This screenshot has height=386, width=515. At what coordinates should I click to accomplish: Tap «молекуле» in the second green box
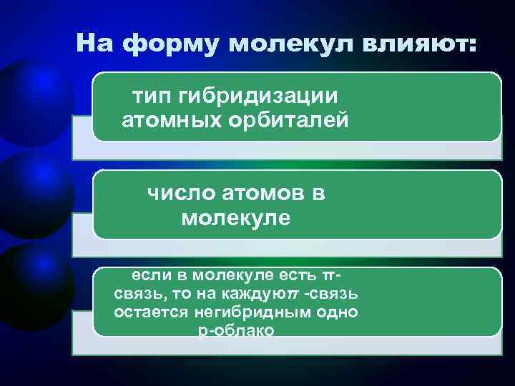click(x=236, y=217)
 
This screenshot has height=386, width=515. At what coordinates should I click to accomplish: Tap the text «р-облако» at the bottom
click(x=233, y=330)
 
